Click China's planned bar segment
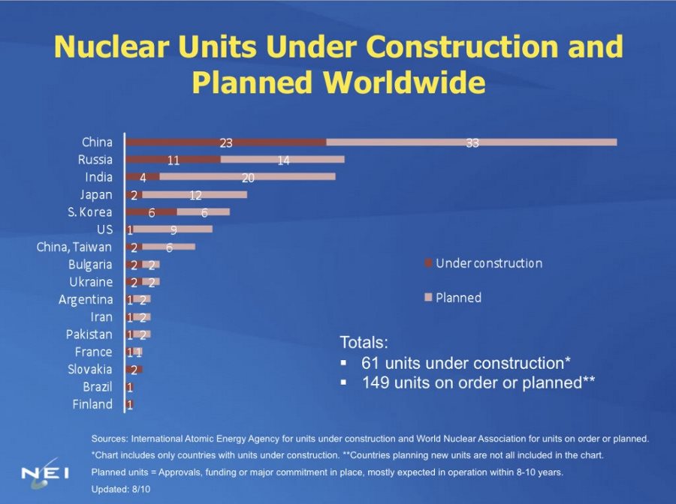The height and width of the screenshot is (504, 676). click(x=472, y=142)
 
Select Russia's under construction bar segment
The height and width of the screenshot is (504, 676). click(x=173, y=160)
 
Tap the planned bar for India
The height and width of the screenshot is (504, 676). click(x=247, y=177)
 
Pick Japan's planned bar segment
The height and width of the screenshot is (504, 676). click(x=195, y=195)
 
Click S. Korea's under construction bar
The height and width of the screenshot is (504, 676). click(x=151, y=212)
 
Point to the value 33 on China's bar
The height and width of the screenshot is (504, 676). click(x=472, y=142)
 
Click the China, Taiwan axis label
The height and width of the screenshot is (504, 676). click(x=74, y=247)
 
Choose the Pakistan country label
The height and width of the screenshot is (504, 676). click(x=89, y=334)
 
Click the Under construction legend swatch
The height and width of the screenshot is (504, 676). click(x=428, y=263)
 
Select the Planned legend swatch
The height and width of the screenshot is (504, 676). click(x=428, y=298)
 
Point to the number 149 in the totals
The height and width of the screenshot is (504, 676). click(x=376, y=382)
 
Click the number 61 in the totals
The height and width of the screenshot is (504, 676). click(x=370, y=363)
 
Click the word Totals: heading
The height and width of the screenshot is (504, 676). click(x=364, y=343)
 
